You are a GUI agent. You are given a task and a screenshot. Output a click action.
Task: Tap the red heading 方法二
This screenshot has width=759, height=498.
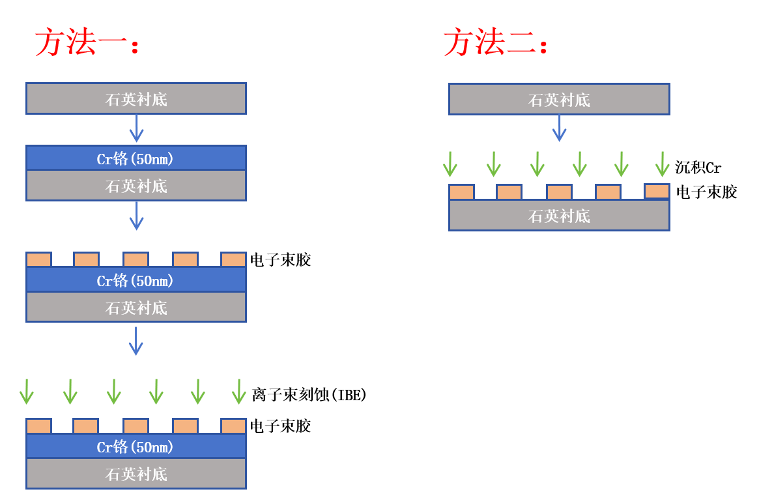pos(495,43)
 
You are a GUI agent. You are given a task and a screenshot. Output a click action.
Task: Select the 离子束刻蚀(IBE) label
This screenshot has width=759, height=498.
pos(309,394)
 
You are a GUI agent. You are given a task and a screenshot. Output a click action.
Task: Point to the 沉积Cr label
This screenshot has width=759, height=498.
pos(698,168)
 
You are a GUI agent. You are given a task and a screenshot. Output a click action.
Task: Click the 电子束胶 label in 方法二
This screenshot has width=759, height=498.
pos(706,192)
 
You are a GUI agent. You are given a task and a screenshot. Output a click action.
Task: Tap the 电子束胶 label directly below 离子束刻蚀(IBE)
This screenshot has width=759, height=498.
pos(280,426)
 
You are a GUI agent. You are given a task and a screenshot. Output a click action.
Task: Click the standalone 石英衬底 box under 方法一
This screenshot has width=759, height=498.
pos(136,98)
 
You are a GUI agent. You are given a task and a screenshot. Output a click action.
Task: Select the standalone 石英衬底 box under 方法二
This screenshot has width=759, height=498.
pos(559,99)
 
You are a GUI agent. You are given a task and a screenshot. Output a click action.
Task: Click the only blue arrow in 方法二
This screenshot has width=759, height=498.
pos(559,128)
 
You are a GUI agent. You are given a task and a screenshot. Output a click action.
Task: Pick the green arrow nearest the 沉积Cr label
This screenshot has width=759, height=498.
pos(662,164)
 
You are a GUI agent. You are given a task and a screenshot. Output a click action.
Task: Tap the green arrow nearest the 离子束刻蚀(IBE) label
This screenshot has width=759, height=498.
pos(239,391)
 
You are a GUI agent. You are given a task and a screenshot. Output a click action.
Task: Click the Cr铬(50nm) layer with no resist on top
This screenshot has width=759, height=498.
pos(136,158)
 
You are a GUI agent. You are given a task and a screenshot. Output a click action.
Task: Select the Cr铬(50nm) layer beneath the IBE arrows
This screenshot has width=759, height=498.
pos(136,447)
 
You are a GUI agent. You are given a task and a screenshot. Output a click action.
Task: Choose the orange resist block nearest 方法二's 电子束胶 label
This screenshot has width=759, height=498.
pos(657,191)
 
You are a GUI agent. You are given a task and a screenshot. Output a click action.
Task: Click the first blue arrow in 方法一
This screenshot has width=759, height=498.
pos(136,128)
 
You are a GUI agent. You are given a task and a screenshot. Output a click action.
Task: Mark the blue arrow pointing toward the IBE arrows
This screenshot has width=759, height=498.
pos(136,340)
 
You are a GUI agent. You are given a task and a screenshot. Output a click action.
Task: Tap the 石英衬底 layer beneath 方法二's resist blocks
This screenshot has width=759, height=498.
pos(559,216)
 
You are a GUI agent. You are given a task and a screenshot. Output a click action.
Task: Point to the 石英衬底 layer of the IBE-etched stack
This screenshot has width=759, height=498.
pos(136,474)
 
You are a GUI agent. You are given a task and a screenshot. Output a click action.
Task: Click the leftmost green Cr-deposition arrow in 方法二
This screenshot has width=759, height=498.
pos(450,164)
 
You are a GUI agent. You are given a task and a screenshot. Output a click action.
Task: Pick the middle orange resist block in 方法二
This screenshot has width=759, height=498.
pos(559,192)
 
